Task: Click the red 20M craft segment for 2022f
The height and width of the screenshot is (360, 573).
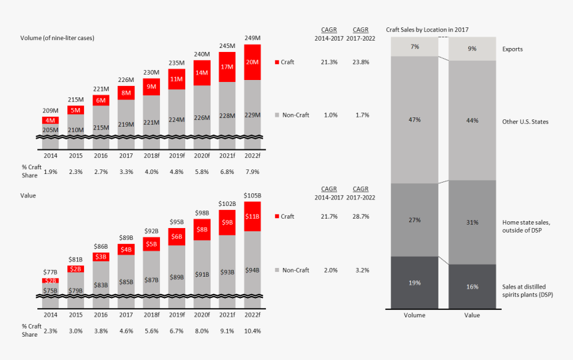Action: point(253,62)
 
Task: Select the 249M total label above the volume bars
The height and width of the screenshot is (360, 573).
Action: point(253,37)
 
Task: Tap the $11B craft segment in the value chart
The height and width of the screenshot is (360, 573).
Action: point(253,217)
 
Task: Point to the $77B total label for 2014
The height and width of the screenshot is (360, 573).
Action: point(51,272)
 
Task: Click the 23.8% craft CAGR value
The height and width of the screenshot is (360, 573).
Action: point(360,62)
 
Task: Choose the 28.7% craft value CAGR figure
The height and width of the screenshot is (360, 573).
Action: point(360,217)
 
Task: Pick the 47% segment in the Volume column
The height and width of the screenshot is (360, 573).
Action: point(414,119)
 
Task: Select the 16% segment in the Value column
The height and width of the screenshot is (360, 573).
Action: point(472,287)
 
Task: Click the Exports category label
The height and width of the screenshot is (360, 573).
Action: point(512,49)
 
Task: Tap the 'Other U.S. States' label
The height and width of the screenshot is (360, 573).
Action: point(524,121)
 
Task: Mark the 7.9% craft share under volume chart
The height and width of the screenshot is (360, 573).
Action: point(253,171)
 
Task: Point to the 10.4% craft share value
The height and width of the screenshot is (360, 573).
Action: point(253,330)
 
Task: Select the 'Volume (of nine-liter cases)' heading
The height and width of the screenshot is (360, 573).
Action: point(57,38)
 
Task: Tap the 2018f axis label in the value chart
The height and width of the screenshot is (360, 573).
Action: point(152,314)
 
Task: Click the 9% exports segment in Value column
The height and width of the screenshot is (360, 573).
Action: point(472,48)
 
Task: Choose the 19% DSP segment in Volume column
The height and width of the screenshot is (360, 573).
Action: point(414,283)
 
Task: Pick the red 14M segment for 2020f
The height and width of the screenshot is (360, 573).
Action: point(202,72)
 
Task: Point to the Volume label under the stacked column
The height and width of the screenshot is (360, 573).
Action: point(414,316)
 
